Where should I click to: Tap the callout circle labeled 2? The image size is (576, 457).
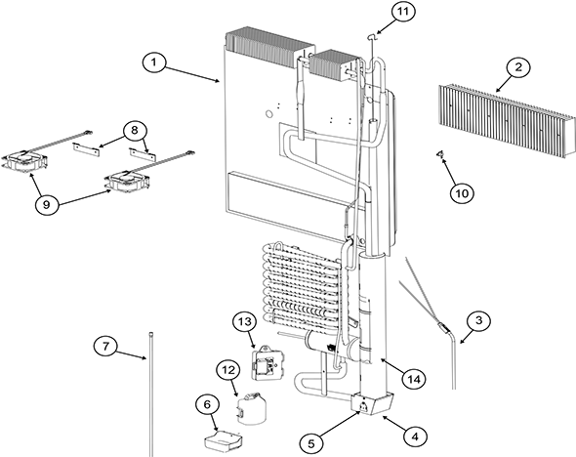pyautogui.click(x=518, y=67)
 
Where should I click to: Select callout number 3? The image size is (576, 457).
pyautogui.click(x=476, y=319)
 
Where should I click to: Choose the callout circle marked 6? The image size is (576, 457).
pyautogui.click(x=206, y=403)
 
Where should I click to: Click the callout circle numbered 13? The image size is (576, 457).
pyautogui.click(x=244, y=322)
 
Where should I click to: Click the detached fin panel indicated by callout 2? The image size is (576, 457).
pyautogui.click(x=503, y=119)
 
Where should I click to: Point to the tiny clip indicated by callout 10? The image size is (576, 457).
pyautogui.click(x=440, y=154)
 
